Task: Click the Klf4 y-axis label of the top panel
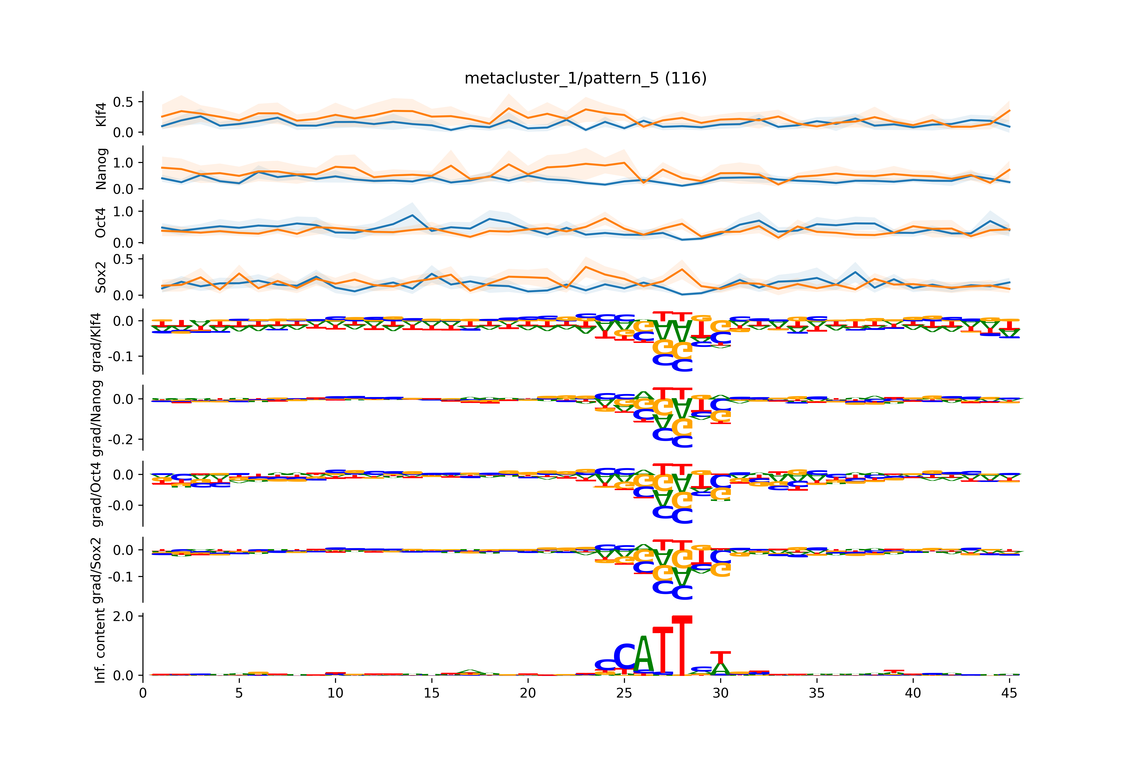point(101,115)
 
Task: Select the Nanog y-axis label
point(101,169)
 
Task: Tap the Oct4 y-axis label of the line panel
point(101,223)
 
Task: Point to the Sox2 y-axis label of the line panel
point(101,277)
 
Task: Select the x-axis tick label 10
point(335,693)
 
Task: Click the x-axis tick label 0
point(143,693)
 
